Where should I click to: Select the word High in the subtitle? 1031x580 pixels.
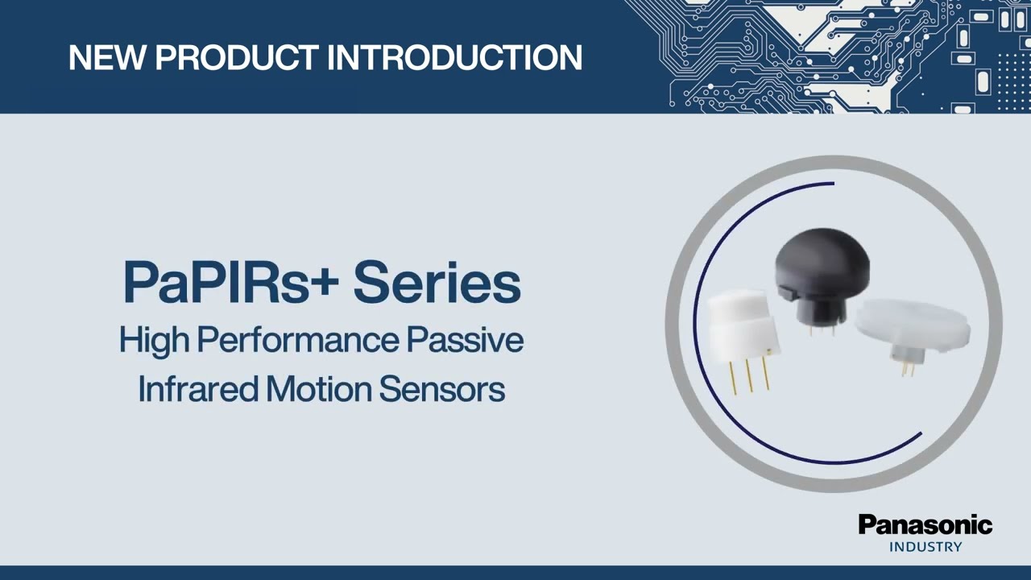154,340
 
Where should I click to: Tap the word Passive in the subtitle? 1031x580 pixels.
466,340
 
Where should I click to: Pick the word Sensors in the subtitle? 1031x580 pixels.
441,389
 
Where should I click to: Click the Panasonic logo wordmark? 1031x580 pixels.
925,525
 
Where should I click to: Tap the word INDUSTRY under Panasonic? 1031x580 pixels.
925,547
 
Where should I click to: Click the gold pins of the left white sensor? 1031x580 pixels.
750,375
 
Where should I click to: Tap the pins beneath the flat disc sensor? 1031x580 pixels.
907,367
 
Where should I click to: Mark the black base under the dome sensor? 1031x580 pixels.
817,309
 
